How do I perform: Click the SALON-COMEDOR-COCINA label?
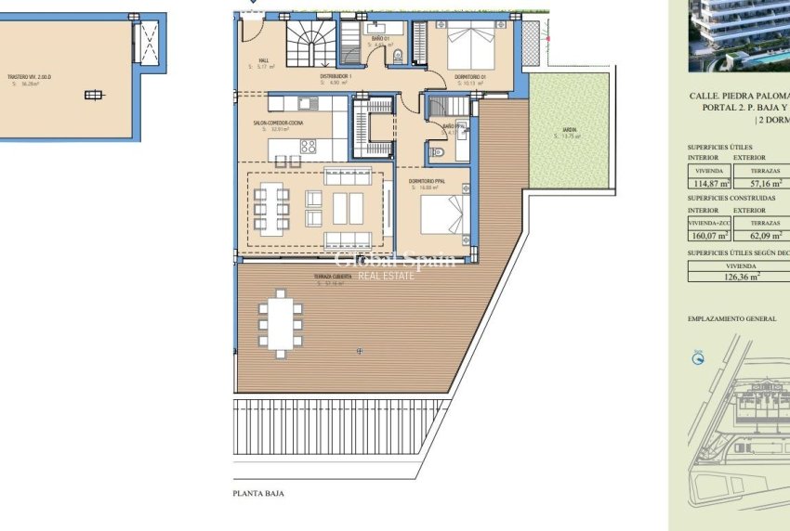280,123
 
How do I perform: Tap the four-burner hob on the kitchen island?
308,147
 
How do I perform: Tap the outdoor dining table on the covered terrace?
279,321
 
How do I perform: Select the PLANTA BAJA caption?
258,494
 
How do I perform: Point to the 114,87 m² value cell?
709,183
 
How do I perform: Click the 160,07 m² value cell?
709,235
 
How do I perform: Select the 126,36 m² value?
742,275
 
